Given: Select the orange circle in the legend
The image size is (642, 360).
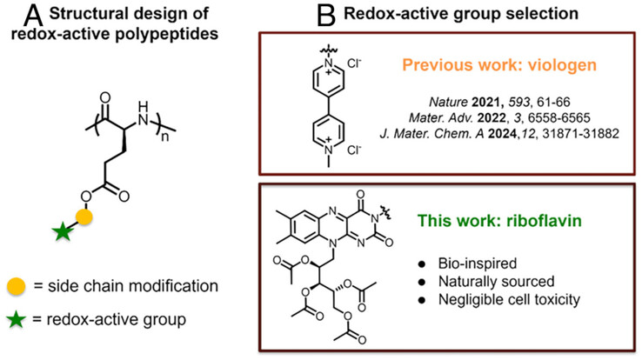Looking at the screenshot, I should pyautogui.click(x=18, y=287).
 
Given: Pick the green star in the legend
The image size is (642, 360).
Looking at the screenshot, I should pyautogui.click(x=18, y=320).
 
